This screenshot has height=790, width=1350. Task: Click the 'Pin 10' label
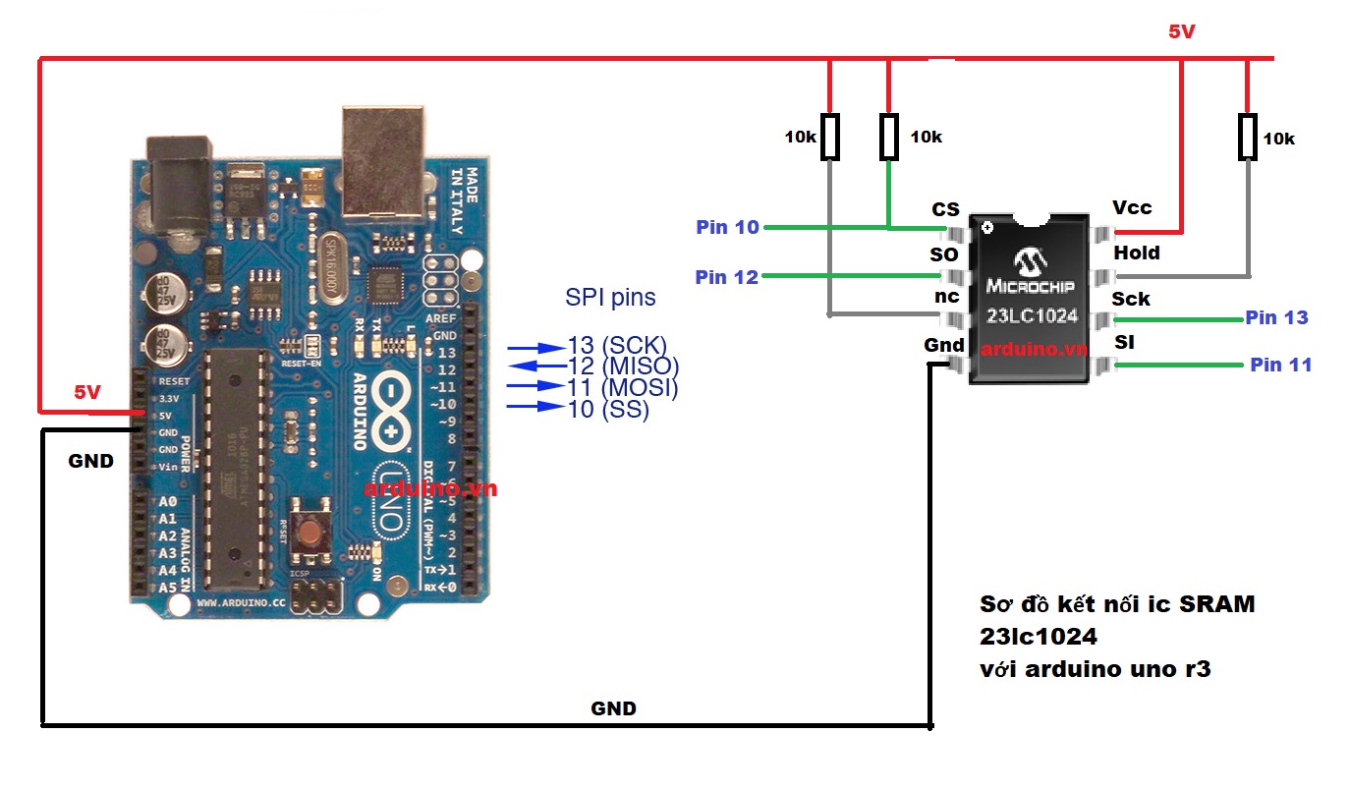point(727,227)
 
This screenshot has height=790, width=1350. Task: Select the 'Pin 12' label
point(726,277)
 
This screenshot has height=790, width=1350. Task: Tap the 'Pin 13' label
point(1276,317)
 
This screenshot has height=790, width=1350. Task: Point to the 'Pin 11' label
point(1280,365)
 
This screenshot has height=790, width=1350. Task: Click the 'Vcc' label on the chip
point(1132,208)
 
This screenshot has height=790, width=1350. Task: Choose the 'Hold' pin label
point(1137,253)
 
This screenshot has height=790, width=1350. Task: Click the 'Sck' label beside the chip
point(1131,299)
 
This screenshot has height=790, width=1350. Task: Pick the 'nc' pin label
point(946,297)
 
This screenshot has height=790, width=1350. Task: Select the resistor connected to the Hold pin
point(1247,137)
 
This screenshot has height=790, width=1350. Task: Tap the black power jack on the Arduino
point(179,187)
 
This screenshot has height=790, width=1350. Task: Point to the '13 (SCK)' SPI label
point(617,346)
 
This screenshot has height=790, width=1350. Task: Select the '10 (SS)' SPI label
point(608,409)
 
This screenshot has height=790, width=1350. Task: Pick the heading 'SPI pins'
point(610,297)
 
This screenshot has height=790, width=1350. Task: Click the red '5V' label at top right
point(1181,31)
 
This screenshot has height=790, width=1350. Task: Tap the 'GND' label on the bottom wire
point(613,707)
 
